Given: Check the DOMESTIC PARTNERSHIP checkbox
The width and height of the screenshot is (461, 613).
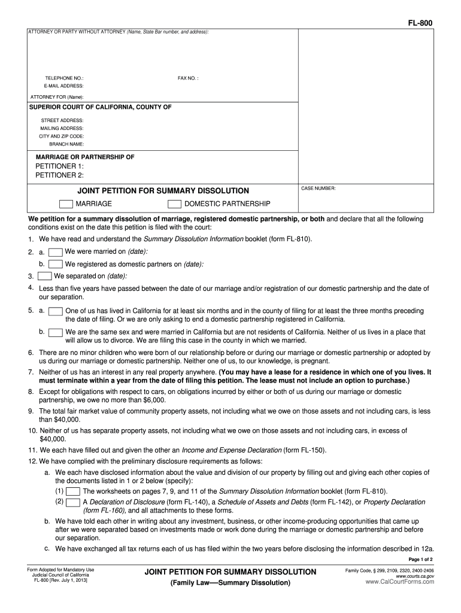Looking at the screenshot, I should pos(174,204).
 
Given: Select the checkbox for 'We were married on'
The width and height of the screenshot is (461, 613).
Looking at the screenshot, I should pos(55,251).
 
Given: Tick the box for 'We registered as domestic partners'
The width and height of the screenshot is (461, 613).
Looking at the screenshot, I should pos(55,264).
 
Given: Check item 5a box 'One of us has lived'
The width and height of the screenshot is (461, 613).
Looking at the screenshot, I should pos(55,311).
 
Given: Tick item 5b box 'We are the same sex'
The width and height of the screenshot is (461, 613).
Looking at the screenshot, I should pos(55,332).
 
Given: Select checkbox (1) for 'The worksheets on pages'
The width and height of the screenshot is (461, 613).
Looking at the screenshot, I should pos(73,491).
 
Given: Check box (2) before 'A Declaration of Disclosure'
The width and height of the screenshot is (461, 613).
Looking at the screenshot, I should pos(73,502).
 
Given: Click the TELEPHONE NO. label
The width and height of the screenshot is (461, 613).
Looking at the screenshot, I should pos(64,78).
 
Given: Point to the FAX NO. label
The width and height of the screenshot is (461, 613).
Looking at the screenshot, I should pos(188,78).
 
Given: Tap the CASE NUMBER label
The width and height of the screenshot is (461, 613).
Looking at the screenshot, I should pos(319,189).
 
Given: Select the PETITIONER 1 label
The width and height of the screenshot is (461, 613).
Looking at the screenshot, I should pos(59,166).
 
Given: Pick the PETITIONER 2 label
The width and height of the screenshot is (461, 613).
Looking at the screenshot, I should pos(59,175).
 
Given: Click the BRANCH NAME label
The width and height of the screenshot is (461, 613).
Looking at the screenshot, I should pos(66,144).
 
